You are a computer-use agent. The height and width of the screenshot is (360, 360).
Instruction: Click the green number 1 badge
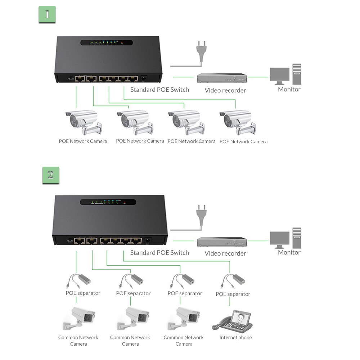pos(47,14)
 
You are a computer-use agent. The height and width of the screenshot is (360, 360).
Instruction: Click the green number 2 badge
pos(50,175)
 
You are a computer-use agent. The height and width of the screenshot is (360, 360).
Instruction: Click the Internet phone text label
pos(236,338)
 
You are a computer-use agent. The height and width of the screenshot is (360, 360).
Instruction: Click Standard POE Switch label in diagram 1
pos(159,90)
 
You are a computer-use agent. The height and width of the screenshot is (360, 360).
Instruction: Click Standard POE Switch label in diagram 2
pos(159,253)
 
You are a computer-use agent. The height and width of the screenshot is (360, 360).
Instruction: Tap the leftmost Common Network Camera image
pos(79,318)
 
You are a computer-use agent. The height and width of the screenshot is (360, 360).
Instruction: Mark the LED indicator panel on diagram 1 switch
pos(107,42)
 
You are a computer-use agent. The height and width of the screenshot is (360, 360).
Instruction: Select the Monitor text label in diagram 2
pos(289,252)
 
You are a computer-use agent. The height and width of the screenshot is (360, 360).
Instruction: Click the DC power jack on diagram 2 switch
pos(148,240)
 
